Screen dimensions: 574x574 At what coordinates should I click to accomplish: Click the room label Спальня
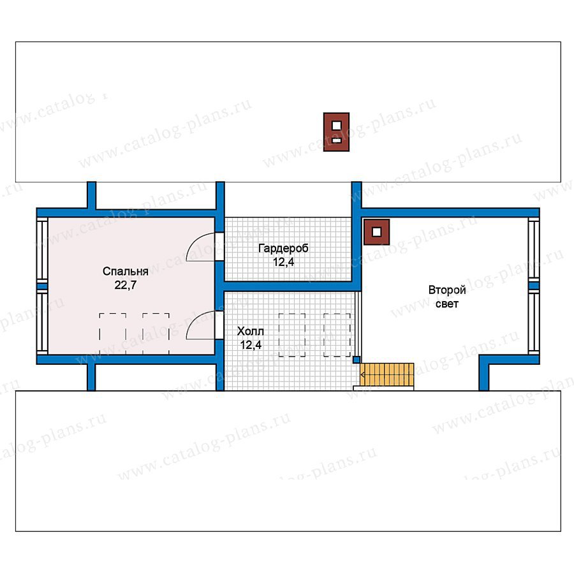[x=125, y=271]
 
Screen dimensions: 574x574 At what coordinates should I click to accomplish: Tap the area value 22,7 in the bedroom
[x=125, y=285]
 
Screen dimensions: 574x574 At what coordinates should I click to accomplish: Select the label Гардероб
[x=283, y=249]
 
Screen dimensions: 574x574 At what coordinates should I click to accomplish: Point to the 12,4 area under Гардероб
[x=283, y=262]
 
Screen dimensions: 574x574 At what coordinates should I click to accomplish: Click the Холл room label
[x=251, y=331]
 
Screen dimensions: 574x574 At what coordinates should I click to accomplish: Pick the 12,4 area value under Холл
[x=251, y=345]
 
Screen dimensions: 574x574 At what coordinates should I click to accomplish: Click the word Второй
[x=447, y=290]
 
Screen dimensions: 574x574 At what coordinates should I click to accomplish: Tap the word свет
[x=447, y=304]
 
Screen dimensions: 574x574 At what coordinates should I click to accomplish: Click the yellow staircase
[x=387, y=374]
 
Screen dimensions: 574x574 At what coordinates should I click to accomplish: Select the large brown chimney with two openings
[x=336, y=132]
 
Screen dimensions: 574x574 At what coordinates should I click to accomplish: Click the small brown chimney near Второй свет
[x=376, y=232]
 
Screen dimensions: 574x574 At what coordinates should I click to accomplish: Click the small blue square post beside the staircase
[x=356, y=360]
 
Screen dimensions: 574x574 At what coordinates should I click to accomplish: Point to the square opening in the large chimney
[x=336, y=126]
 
